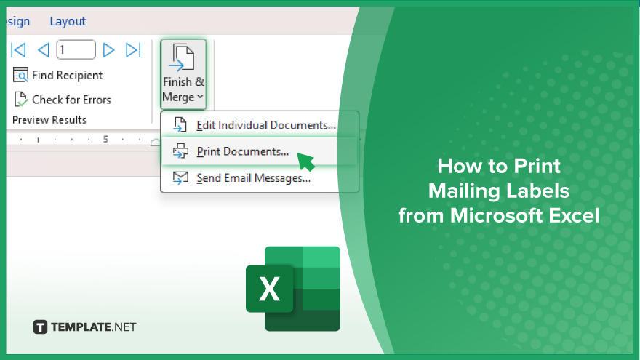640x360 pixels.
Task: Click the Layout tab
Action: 68,21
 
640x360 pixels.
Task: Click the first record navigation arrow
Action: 18,50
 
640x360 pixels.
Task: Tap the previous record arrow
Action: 43,50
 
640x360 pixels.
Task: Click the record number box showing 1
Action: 76,49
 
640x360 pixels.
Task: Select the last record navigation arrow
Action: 133,50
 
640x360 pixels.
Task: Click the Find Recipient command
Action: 57,76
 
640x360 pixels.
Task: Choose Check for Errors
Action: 63,100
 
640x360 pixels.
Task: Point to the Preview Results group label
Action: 49,120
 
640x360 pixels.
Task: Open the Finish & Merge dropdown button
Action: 183,74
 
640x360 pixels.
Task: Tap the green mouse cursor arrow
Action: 305,161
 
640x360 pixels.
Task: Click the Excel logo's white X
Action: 269,289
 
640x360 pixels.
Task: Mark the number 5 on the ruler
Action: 105,139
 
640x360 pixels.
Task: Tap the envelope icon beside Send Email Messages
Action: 180,178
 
